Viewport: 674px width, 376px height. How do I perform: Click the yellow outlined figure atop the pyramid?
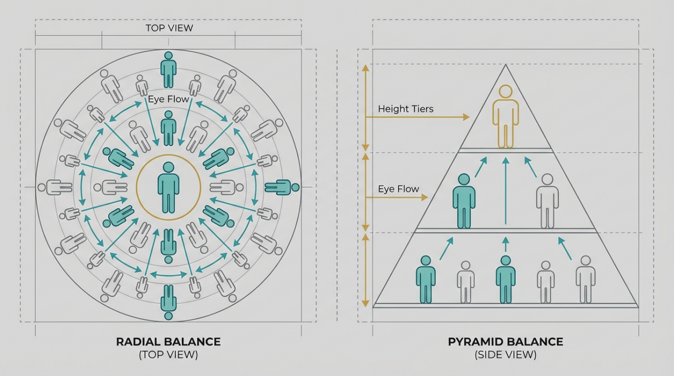(x=505, y=117)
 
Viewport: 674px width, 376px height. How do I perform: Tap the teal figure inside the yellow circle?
(x=169, y=187)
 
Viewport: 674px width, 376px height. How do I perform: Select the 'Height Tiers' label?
(x=406, y=109)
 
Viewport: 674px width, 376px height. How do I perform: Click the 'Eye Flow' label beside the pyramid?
(x=398, y=189)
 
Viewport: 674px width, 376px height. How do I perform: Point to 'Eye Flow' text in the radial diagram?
(x=169, y=99)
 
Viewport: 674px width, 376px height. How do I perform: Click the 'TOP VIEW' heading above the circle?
(x=169, y=28)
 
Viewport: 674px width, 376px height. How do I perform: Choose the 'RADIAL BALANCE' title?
(x=169, y=342)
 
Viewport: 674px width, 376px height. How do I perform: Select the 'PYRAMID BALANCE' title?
(x=505, y=342)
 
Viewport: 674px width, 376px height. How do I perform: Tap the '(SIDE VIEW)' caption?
(x=505, y=355)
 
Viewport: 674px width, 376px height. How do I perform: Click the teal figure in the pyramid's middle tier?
(x=464, y=201)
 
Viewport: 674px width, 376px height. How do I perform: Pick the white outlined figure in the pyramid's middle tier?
(x=547, y=201)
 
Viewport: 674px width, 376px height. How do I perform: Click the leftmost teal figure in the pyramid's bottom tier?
(x=426, y=279)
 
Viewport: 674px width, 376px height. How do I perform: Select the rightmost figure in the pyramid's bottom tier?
(x=586, y=279)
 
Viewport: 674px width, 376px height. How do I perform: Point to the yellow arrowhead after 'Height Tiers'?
(x=466, y=117)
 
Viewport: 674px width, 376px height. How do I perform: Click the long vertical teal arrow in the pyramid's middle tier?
(x=505, y=191)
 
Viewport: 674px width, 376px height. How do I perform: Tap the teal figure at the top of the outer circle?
(x=169, y=70)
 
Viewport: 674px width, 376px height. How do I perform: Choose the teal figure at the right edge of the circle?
(x=282, y=187)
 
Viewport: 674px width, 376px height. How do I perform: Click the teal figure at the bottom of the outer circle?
(x=169, y=302)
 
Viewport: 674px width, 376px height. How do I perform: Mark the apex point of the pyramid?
(x=505, y=65)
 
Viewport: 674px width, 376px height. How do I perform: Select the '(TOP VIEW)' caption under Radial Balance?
(x=169, y=355)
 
